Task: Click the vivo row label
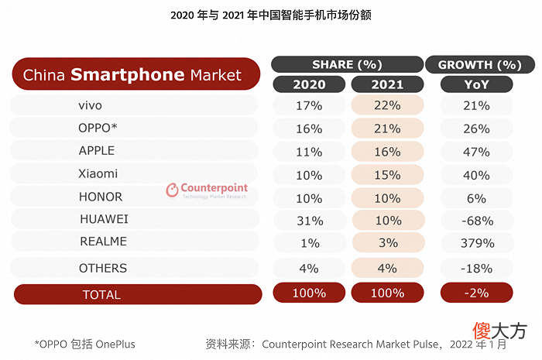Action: coord(90,105)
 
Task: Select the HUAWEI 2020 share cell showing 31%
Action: coord(310,221)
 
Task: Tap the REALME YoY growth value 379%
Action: coord(478,243)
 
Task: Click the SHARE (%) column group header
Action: coord(347,64)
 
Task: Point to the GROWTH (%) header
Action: coord(480,64)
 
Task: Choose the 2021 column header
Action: coord(387,84)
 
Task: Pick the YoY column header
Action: coord(476,84)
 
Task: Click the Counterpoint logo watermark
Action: coord(207,190)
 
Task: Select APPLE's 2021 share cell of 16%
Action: coord(387,152)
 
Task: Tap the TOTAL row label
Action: coord(101,295)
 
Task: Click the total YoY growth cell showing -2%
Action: coord(477,293)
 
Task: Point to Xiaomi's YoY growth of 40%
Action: coord(476,175)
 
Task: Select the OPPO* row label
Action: coord(98,129)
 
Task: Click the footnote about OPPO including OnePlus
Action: coord(84,344)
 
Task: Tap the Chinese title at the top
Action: coord(271,15)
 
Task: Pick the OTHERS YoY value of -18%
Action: coord(477,268)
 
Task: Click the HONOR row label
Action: coord(101,197)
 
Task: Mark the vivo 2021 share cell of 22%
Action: coord(387,105)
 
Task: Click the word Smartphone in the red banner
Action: coord(128,75)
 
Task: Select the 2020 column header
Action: coord(309,84)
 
